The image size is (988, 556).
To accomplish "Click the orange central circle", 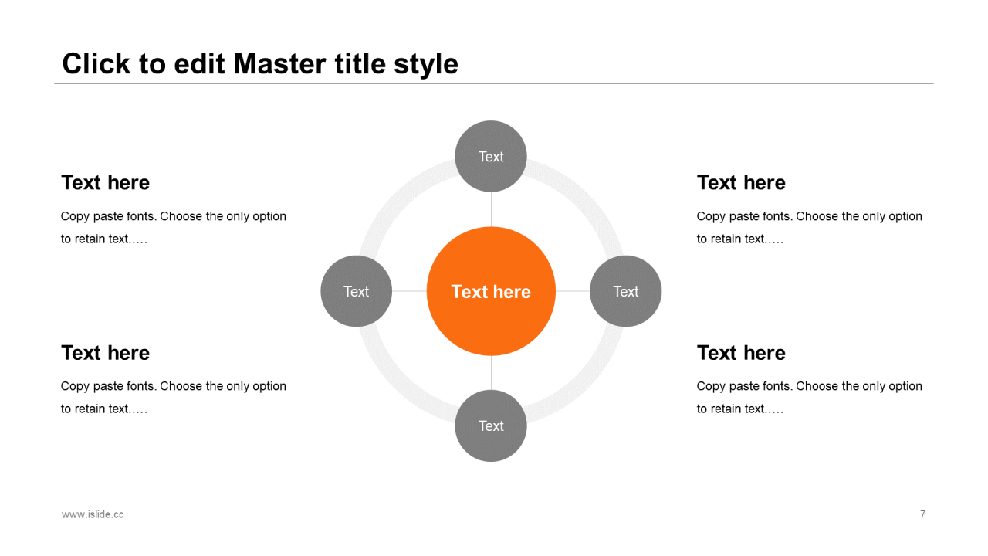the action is [491, 291].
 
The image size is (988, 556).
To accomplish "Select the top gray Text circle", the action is [491, 156].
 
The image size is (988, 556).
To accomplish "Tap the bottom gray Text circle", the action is [491, 425].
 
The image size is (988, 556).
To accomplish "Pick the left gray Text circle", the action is [357, 291].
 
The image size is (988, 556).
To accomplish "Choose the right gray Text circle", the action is [625, 291].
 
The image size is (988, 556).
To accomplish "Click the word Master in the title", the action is [280, 63].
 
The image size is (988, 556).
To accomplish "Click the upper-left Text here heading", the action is [106, 182].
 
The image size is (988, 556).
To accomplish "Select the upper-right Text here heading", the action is [741, 182].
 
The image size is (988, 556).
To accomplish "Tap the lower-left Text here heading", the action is [106, 353].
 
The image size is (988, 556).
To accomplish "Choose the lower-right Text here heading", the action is [741, 353].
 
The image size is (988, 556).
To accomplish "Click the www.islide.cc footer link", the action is [93, 514].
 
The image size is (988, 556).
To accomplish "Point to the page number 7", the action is [922, 514].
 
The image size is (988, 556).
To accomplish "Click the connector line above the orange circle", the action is [491, 209].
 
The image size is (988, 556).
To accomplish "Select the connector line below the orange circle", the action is [491, 373].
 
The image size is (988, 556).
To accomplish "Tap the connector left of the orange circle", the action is [409, 291].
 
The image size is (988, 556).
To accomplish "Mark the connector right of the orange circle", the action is [573, 291].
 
